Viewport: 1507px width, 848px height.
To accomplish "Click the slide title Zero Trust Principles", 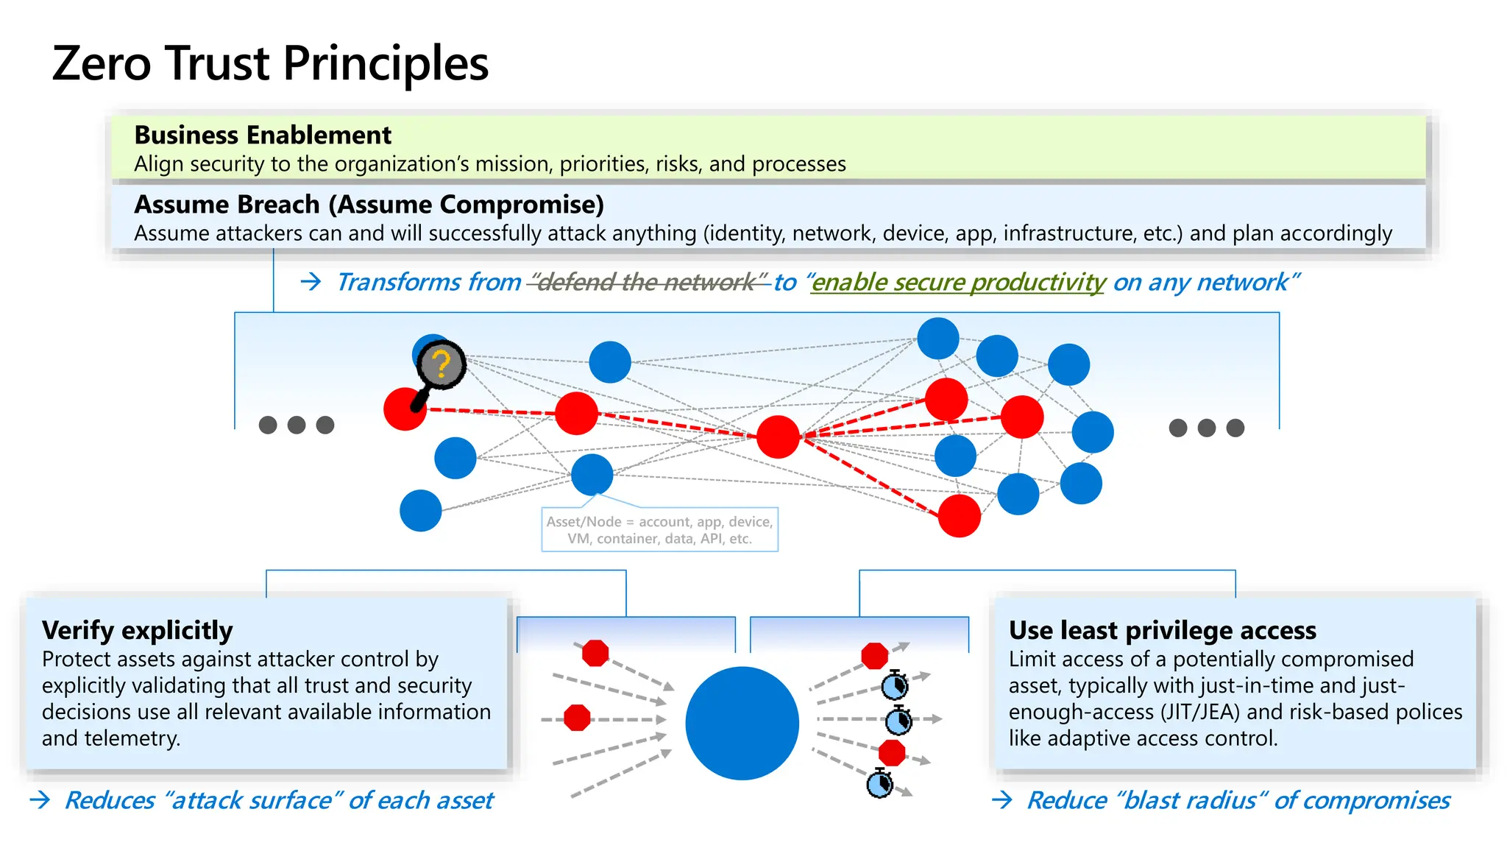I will click(x=270, y=63).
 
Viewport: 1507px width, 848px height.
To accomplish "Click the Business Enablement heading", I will click(x=263, y=135).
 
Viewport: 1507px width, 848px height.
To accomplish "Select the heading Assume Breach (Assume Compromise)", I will click(x=369, y=205).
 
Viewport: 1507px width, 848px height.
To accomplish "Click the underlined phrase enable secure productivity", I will click(x=957, y=282).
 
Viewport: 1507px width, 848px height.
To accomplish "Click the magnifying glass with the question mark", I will click(x=441, y=366).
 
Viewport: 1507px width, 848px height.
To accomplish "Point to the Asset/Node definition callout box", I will click(x=659, y=530).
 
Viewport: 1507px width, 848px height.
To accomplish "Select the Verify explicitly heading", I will click(x=138, y=631).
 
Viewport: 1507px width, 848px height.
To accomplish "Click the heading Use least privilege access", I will click(x=1162, y=631).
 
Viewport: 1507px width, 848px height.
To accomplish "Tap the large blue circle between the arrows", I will click(x=742, y=723).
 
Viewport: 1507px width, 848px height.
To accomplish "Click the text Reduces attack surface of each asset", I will click(x=279, y=800).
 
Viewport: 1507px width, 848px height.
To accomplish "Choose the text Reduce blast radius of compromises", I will click(x=1238, y=800).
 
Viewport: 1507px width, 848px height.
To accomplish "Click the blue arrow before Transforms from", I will click(x=311, y=282).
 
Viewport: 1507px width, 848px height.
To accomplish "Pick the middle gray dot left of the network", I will click(x=297, y=425).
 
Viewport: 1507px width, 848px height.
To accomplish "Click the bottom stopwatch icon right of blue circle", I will click(x=880, y=783).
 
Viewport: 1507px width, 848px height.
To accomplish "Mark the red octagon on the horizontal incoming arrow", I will click(x=577, y=718).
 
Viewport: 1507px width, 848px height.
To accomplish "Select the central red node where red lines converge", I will click(x=778, y=437).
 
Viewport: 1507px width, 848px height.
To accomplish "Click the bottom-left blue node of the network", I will click(x=420, y=511).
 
